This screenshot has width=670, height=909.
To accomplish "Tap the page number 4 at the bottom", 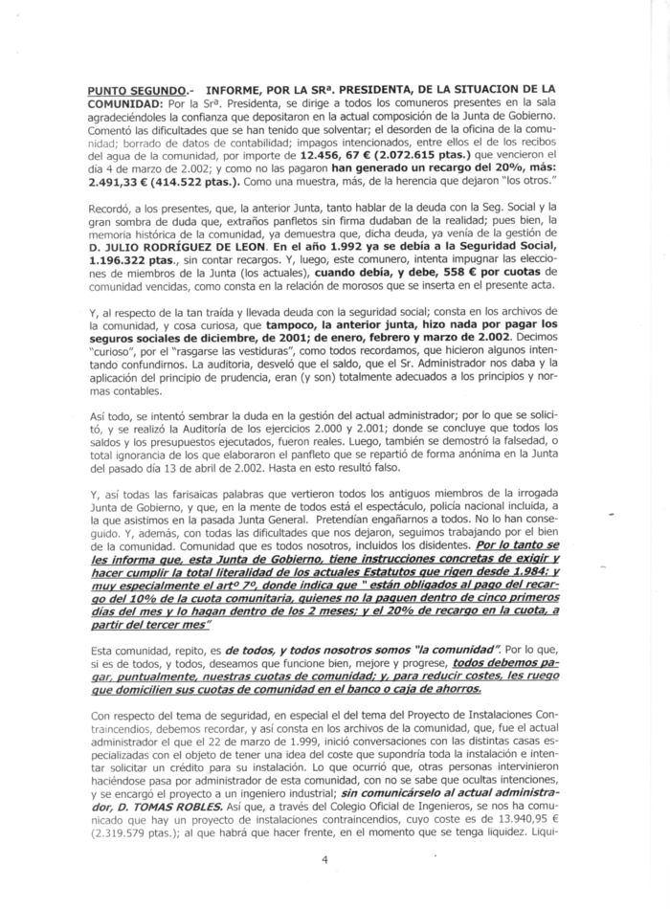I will pyautogui.click(x=326, y=859).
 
